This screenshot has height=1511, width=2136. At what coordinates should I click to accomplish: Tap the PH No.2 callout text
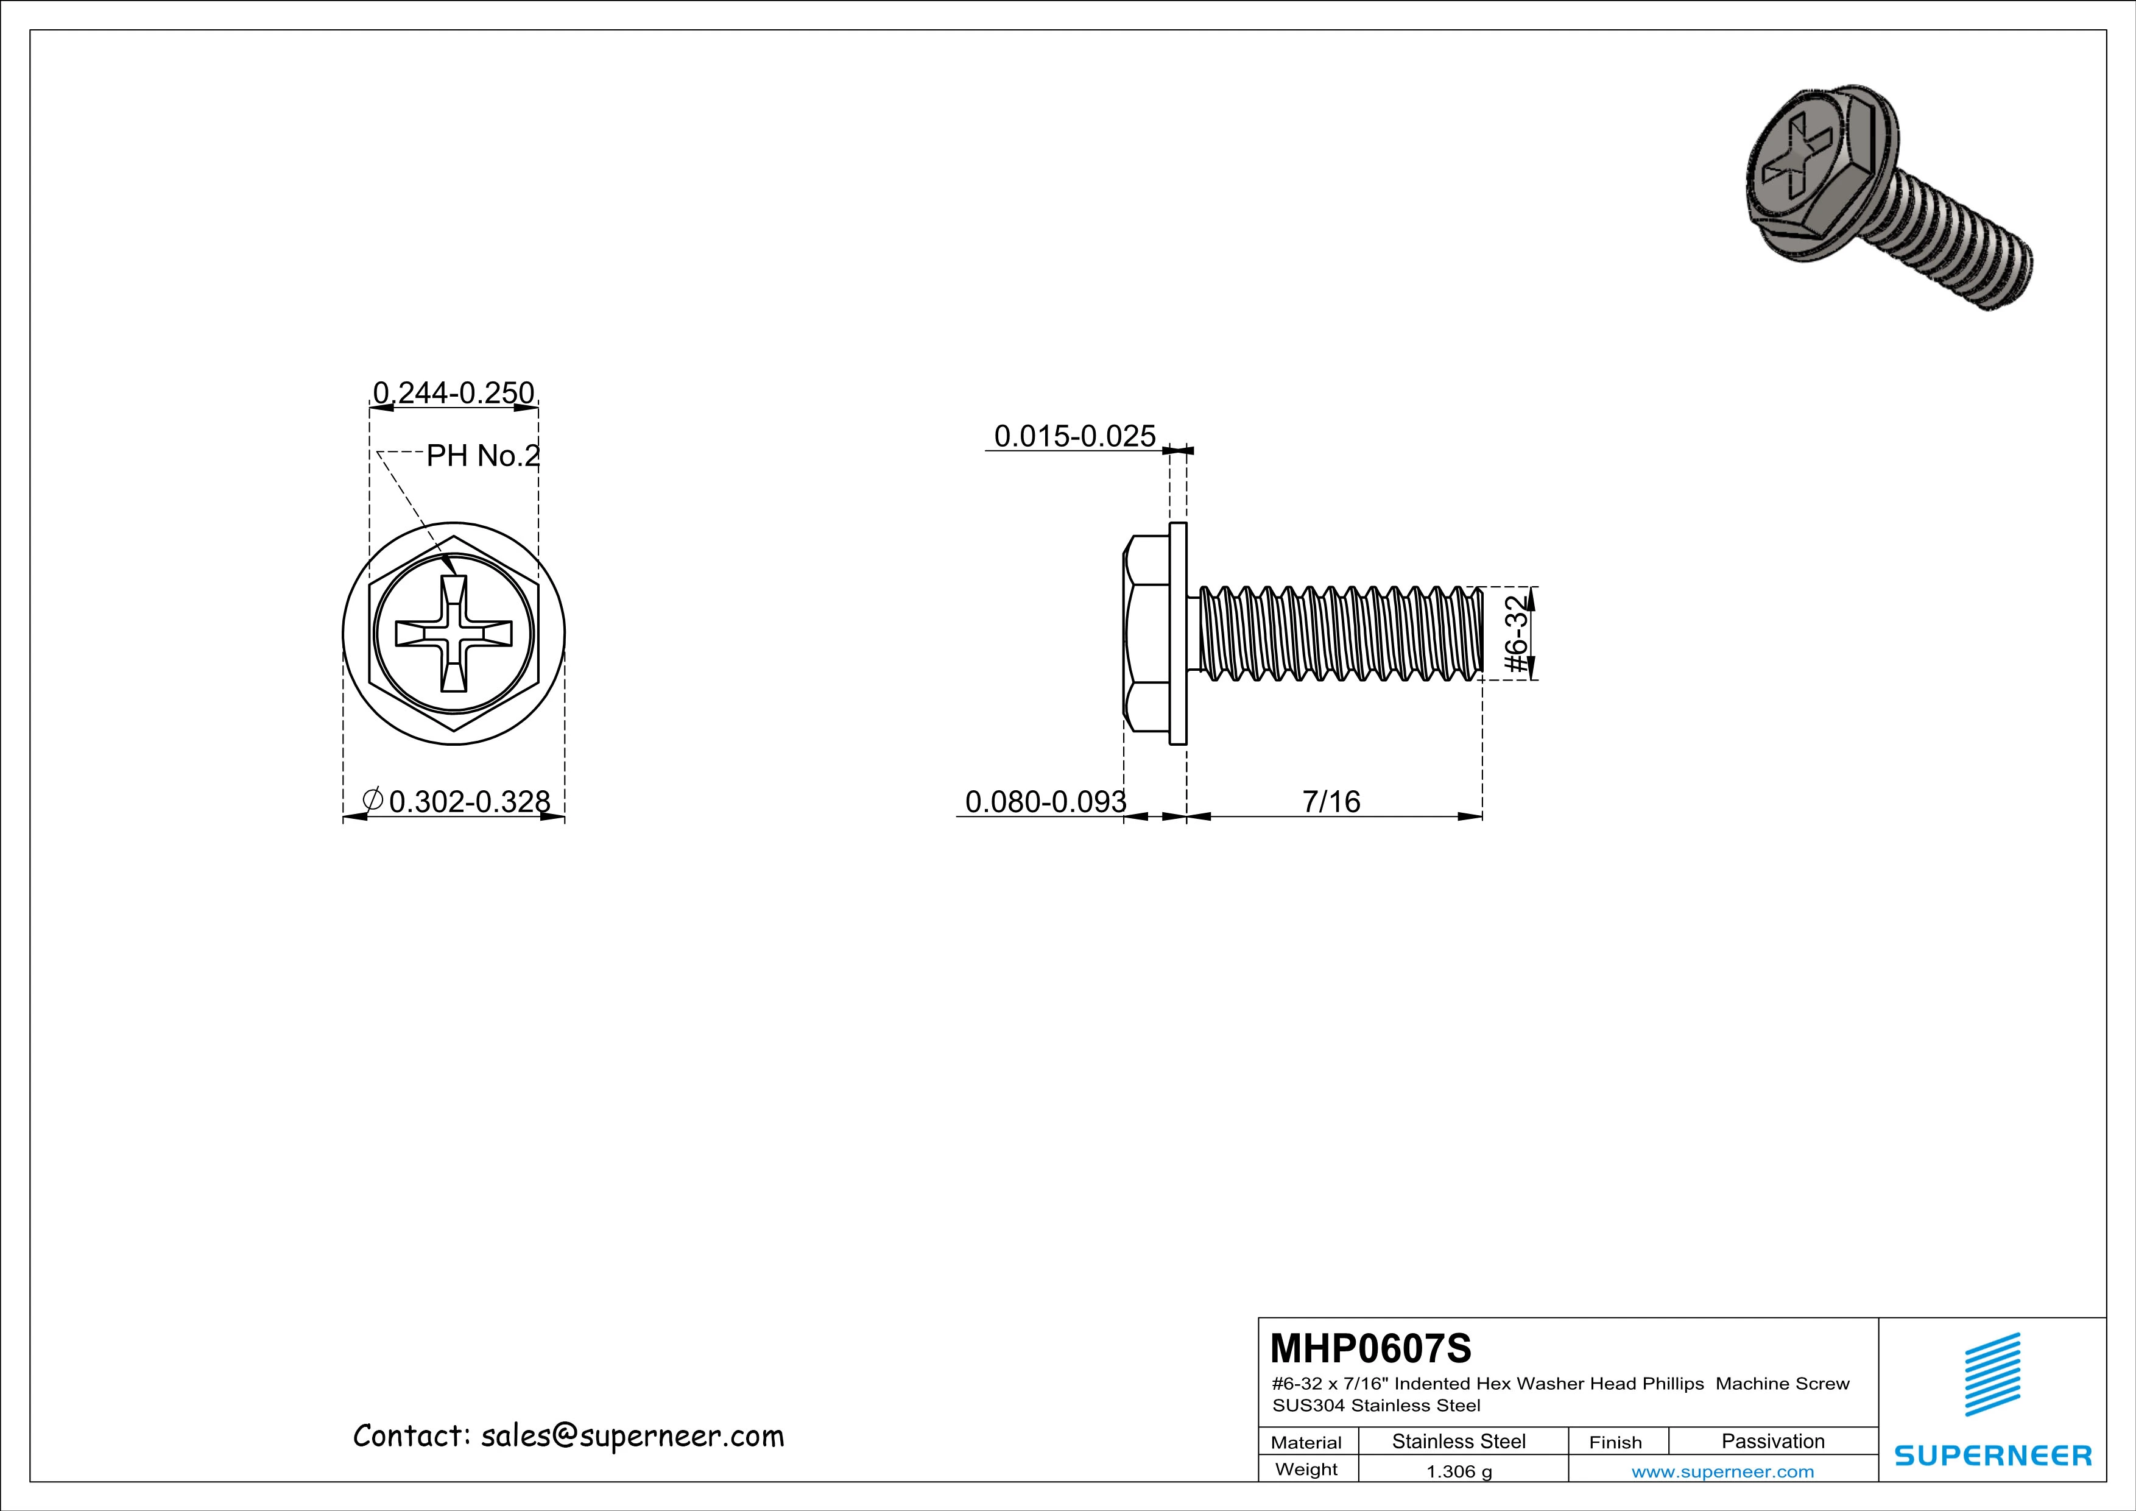[x=483, y=456]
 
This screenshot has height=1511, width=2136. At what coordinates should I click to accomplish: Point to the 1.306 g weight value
[x=1459, y=1472]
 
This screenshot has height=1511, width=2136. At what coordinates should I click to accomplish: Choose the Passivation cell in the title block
[x=1772, y=1441]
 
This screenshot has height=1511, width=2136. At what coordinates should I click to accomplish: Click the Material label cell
[x=1306, y=1442]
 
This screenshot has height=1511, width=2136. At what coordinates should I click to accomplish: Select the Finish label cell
[x=1615, y=1442]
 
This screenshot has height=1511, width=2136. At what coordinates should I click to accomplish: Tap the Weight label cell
[x=1306, y=1470]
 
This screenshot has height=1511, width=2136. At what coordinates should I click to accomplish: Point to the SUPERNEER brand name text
[x=1992, y=1454]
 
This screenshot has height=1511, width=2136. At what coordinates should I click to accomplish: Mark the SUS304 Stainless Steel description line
[x=1376, y=1405]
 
